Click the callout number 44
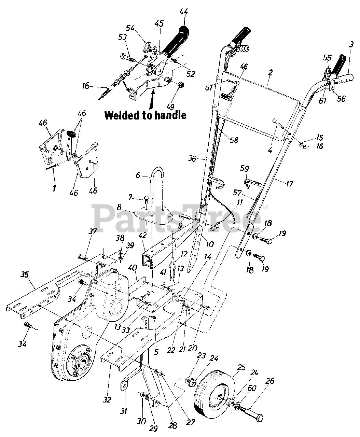click(x=183, y=14)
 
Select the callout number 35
click(x=25, y=274)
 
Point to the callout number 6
click(x=138, y=175)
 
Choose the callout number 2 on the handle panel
click(x=271, y=72)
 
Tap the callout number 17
click(x=289, y=184)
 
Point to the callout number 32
click(x=107, y=399)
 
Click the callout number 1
click(x=54, y=188)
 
